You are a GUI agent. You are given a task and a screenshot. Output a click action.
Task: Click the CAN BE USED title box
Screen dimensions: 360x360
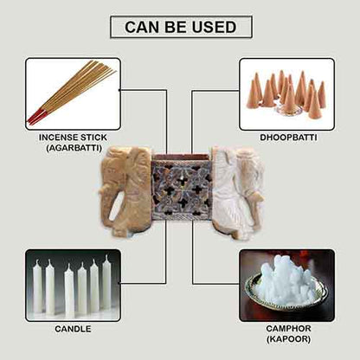tap(180, 27)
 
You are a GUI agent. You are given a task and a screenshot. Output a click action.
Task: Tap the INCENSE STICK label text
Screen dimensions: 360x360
tap(72, 138)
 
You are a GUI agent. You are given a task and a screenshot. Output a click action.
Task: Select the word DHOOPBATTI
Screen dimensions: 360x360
tap(286, 137)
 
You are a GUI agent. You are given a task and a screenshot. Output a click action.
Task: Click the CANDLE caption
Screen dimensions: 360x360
tap(73, 329)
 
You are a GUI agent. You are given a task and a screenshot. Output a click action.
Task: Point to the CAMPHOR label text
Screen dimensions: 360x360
tap(286, 329)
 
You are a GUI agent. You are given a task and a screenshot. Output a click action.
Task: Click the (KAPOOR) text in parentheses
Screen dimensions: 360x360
tap(286, 340)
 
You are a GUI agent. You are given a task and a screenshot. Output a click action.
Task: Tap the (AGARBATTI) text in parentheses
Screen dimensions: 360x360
tap(72, 149)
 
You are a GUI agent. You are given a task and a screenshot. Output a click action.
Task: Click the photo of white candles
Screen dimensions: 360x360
tap(73, 286)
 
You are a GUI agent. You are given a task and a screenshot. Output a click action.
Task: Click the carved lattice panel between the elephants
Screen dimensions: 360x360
tap(181, 188)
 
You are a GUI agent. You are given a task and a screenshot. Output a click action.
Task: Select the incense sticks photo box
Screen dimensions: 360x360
tap(73, 93)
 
